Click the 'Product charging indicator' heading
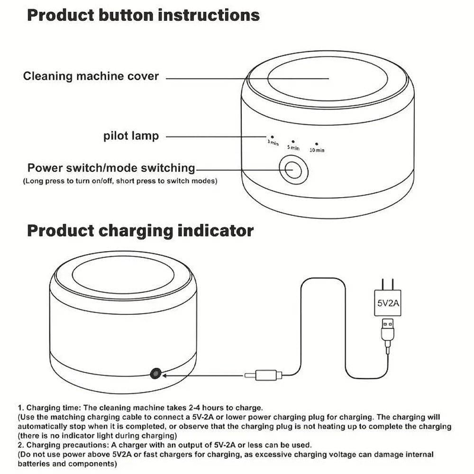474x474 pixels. click(x=140, y=231)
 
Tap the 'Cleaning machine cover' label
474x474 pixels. click(x=91, y=76)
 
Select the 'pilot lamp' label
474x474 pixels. click(x=131, y=137)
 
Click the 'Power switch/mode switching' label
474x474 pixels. click(x=111, y=168)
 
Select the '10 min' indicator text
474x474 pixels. click(x=317, y=150)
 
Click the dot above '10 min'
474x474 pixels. click(x=317, y=143)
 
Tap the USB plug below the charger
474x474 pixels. click(x=388, y=330)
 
